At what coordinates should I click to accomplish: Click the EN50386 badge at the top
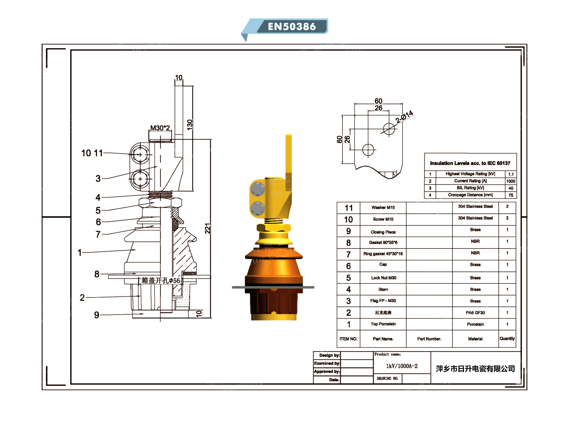(291, 26)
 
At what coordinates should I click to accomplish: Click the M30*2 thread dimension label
(160, 128)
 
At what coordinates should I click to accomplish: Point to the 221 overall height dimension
(208, 228)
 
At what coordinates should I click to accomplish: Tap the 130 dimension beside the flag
(190, 125)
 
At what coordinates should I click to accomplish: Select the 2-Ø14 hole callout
(404, 117)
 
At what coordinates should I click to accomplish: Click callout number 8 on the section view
(97, 274)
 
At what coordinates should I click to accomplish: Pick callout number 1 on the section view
(80, 253)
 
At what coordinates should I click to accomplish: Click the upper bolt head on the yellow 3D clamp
(257, 189)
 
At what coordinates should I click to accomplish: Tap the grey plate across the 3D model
(273, 287)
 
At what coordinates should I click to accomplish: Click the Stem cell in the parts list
(383, 289)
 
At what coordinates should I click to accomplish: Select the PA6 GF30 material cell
(475, 313)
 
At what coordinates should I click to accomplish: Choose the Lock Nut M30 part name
(384, 278)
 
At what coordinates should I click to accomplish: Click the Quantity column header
(507, 339)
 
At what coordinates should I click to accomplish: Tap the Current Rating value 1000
(511, 181)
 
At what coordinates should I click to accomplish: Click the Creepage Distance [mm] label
(470, 195)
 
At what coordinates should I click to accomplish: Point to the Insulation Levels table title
(470, 163)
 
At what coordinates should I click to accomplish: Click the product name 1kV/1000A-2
(402, 366)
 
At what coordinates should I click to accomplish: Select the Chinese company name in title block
(475, 369)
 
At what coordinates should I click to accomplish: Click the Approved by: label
(327, 371)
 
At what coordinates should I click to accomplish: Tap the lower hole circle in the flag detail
(368, 150)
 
